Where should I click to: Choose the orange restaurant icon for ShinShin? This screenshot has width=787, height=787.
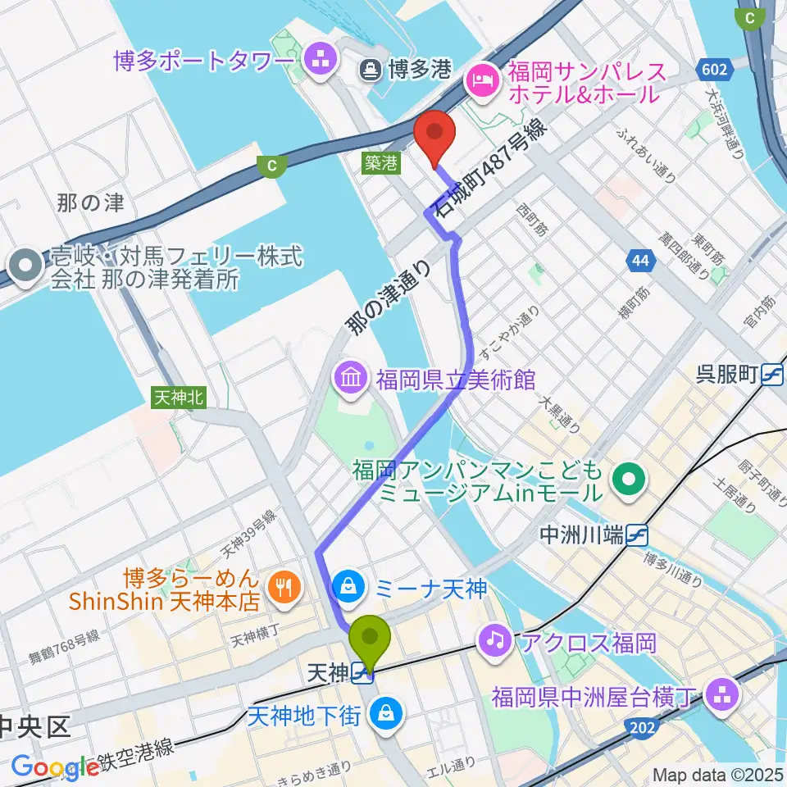284,586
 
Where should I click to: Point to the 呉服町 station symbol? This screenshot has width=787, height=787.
771,375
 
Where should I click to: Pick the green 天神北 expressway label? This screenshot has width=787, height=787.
178,398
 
